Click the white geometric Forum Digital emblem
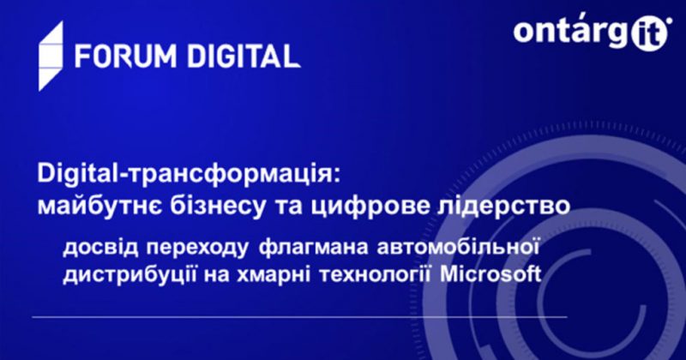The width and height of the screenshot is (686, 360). point(51,56)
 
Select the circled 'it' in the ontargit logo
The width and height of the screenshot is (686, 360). point(650,33)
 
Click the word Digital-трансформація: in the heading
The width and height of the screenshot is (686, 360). point(188,174)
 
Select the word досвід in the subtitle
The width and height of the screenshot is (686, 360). point(101,247)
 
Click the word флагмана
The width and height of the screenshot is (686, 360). point(313,247)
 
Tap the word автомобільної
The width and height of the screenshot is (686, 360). point(458,247)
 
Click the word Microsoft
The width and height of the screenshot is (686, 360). point(490,274)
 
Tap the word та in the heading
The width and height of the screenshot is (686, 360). point(289,207)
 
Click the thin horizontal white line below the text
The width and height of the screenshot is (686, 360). point(299,316)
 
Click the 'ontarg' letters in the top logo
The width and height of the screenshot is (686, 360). point(572,33)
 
